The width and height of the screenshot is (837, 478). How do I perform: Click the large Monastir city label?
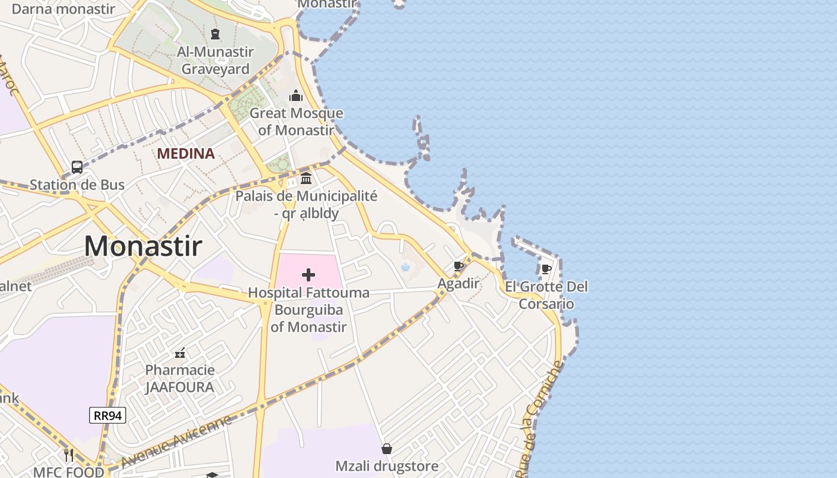[x=143, y=246]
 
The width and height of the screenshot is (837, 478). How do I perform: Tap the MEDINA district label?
[x=186, y=154]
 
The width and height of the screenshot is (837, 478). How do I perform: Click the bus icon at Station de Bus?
[x=77, y=167]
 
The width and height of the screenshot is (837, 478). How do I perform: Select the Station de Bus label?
[x=77, y=185]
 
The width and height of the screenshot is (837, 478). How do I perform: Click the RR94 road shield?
[x=108, y=415]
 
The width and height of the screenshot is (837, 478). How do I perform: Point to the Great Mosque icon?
[x=296, y=96]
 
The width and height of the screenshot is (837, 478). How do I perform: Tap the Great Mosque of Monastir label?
[x=296, y=121]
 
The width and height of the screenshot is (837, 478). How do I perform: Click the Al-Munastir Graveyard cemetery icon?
[x=215, y=34]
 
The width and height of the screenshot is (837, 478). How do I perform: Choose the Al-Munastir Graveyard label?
[x=215, y=60]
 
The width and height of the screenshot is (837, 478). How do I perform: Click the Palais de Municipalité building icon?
[x=306, y=178]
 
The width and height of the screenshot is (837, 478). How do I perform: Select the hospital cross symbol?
[x=308, y=275]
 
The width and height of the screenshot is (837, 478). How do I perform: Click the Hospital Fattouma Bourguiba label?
[x=308, y=310]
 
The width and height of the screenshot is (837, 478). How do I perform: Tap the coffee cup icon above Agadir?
[x=459, y=266]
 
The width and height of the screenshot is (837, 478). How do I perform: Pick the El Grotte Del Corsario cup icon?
[x=546, y=269]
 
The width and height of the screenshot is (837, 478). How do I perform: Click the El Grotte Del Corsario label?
[x=546, y=295]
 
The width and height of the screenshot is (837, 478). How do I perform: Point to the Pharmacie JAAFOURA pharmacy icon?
[x=179, y=353]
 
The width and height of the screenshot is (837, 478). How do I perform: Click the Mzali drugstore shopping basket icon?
[x=387, y=448]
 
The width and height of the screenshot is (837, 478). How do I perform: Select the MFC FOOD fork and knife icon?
[x=69, y=455]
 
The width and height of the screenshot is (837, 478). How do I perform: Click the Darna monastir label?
[x=63, y=8]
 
